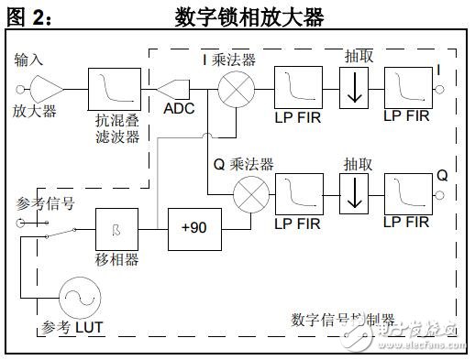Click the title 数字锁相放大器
click(x=249, y=17)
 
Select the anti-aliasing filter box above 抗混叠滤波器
click(x=108, y=90)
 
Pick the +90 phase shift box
click(x=193, y=224)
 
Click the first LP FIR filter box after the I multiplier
click(x=295, y=90)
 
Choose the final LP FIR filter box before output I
click(x=406, y=89)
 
